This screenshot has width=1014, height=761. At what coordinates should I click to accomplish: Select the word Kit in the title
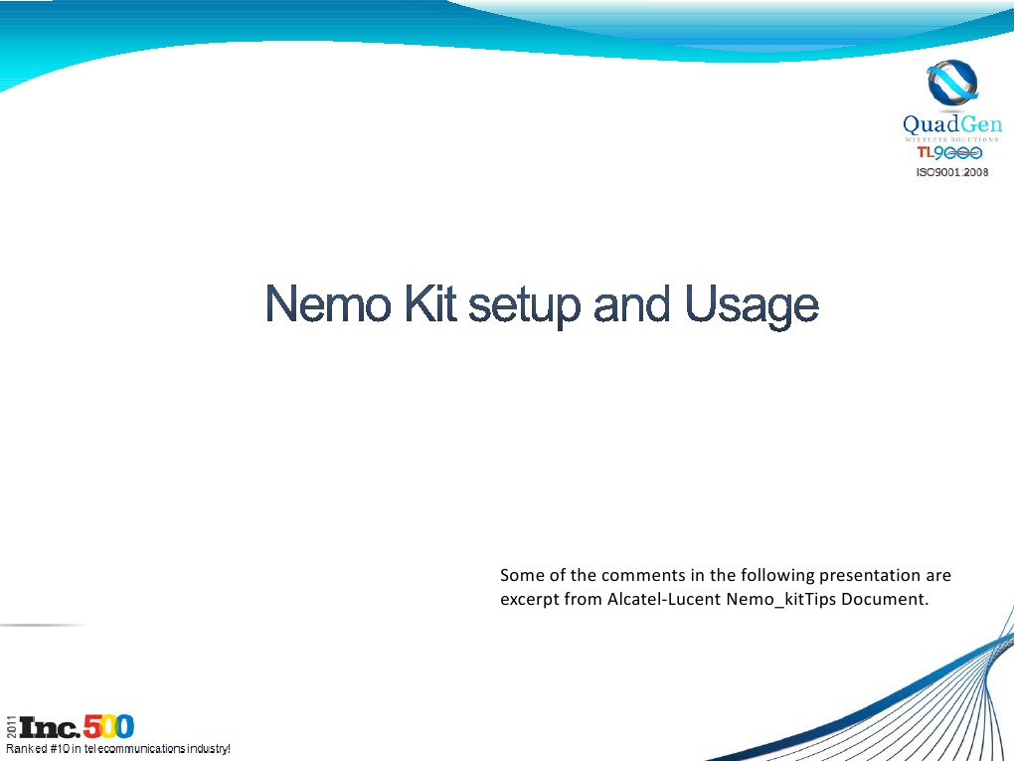428,305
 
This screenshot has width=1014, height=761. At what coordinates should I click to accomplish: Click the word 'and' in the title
634,305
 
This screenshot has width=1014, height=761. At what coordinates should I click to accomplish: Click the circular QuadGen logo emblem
951,86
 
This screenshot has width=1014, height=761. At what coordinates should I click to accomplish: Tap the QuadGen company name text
951,124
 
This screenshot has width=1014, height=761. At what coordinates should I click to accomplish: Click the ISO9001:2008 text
951,172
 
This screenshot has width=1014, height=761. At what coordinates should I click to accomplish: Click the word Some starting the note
520,575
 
